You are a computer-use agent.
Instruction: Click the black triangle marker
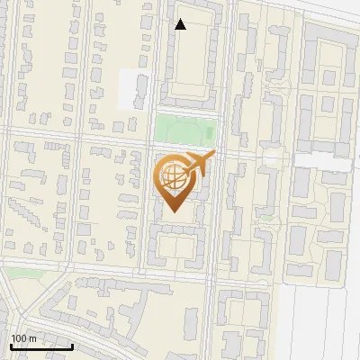(x=181, y=24)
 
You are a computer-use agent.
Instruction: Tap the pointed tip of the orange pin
(x=174, y=211)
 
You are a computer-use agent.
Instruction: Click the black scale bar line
(x=41, y=346)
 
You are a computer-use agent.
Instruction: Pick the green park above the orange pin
(x=184, y=128)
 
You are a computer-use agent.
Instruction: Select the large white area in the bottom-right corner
(x=324, y=324)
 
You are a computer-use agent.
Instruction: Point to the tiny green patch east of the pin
(x=266, y=217)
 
